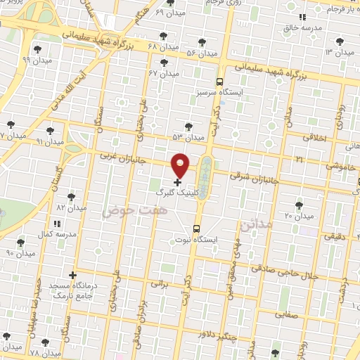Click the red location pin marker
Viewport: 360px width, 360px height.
click(181, 165)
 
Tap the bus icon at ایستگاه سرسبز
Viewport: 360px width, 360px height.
click(220, 82)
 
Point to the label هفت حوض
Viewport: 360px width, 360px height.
click(124, 210)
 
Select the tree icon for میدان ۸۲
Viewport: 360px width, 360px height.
click(70, 197)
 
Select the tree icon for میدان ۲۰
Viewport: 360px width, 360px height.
click(299, 205)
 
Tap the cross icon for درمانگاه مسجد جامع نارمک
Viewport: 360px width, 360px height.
click(72, 275)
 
